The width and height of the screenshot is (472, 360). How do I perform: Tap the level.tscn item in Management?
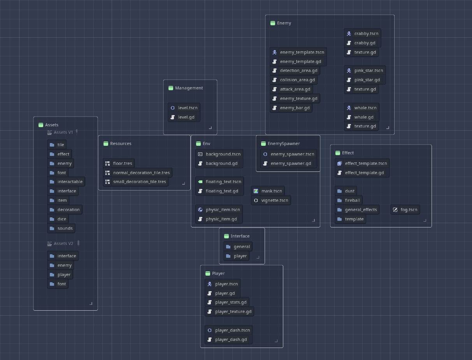(x=184, y=108)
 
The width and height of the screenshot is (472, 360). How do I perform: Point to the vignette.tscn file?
(x=271, y=200)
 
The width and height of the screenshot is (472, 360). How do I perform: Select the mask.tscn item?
(x=268, y=191)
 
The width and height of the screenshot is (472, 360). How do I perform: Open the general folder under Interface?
(x=238, y=246)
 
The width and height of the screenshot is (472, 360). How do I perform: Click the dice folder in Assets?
(x=58, y=219)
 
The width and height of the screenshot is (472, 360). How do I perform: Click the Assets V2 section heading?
(x=63, y=243)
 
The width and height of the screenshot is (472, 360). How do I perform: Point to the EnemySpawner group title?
(x=284, y=143)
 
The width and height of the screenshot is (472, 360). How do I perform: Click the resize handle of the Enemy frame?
(x=388, y=128)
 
